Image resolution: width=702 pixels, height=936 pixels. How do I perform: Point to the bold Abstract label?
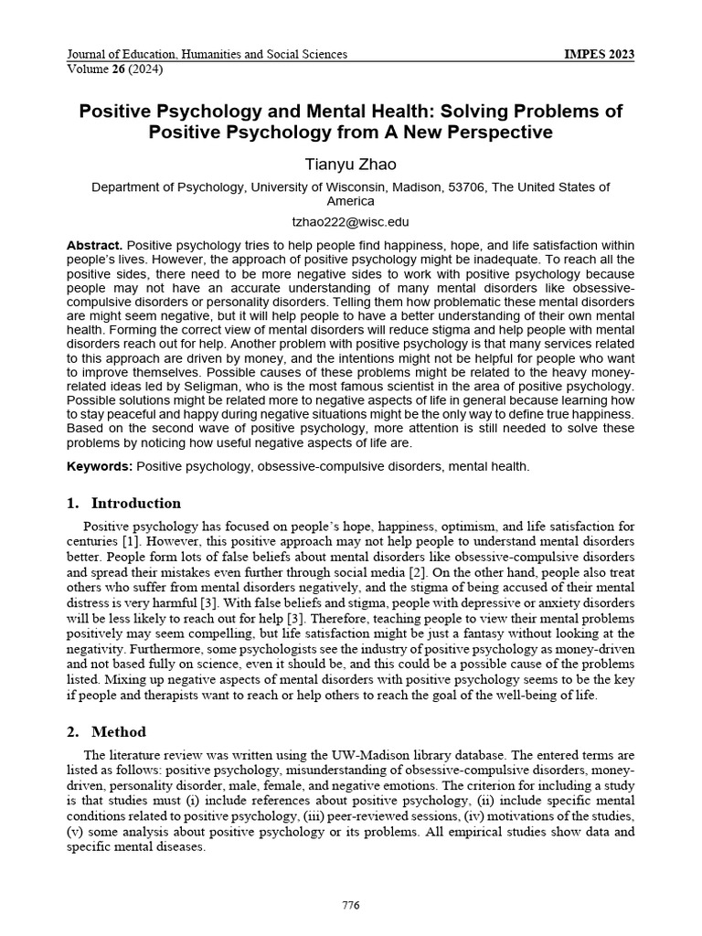tap(94, 246)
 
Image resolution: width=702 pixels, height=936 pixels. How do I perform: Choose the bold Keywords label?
tap(100, 466)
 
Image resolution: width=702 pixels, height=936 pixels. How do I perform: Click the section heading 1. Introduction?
tap(123, 503)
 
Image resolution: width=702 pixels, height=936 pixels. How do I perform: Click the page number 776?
tap(350, 905)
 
